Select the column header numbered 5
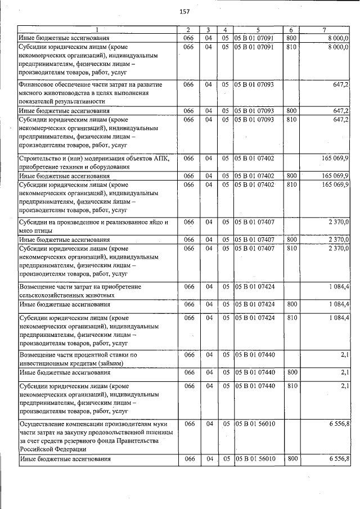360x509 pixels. (x=257, y=29)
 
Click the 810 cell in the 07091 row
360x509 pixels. (x=291, y=47)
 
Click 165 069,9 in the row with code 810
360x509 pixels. (x=335, y=184)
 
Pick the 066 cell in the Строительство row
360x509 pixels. (x=189, y=158)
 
